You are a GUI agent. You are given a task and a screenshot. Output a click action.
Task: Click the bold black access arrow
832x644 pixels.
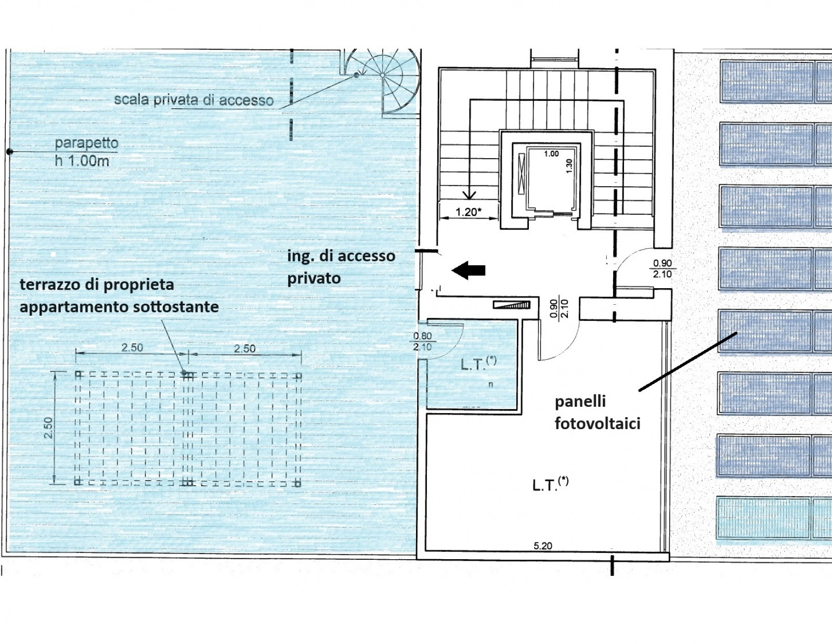(x=469, y=271)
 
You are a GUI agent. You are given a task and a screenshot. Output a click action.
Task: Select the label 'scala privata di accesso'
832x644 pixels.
(x=194, y=100)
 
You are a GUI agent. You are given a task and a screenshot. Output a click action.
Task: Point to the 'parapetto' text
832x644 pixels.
(x=86, y=143)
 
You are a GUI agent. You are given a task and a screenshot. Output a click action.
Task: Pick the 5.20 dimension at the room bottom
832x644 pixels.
(x=543, y=546)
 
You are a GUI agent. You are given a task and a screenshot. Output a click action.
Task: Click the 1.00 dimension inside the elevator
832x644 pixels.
(x=551, y=154)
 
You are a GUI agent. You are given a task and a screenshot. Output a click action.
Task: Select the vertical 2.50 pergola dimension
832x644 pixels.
(x=48, y=428)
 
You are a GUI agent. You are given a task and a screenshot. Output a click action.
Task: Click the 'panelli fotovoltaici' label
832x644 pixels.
(x=597, y=413)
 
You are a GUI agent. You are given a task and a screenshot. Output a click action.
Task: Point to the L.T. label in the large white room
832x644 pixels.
(x=551, y=484)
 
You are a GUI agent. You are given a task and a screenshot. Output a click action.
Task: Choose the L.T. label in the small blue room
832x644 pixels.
(x=478, y=363)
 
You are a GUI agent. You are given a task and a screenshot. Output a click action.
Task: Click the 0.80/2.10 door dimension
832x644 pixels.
(x=422, y=342)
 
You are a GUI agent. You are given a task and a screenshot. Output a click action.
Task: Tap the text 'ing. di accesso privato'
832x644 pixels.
(x=341, y=267)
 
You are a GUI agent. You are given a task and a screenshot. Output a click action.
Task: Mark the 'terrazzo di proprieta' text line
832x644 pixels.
(x=97, y=285)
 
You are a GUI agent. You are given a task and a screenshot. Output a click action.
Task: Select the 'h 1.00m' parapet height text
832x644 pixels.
(x=82, y=161)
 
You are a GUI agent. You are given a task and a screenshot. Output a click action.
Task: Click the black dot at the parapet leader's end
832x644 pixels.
(x=10, y=152)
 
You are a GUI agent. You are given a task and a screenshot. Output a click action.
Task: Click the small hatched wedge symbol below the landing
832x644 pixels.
(x=512, y=305)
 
